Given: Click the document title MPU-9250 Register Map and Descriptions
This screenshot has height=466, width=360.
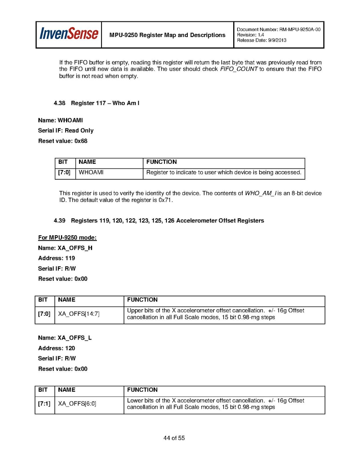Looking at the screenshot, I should point(167,35).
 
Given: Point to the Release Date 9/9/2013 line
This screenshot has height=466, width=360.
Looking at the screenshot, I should point(261,40).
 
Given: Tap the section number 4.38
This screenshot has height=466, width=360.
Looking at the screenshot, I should point(60,103).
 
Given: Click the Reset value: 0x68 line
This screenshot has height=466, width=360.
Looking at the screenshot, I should point(63,141).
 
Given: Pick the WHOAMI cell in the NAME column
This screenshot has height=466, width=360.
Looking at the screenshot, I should point(91,172).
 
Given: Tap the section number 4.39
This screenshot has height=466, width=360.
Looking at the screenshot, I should point(60,221).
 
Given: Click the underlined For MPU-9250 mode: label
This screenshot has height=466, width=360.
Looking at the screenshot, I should point(67,238).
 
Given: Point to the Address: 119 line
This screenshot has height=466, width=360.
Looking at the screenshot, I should point(56,258).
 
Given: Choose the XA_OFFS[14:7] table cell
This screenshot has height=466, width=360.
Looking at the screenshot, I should point(79,314).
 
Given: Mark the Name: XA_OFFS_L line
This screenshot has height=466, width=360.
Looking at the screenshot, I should point(65,338).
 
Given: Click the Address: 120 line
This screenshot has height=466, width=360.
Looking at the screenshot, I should point(56,348).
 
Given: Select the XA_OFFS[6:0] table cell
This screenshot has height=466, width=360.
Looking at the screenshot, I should point(77,404).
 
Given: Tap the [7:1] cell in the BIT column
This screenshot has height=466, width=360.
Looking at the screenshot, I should point(44,404).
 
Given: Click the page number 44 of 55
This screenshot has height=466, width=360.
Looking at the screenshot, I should point(174,438).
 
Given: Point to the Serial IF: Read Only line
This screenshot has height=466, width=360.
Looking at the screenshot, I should point(66,130).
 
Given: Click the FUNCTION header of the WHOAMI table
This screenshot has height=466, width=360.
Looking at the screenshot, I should point(161,162).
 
